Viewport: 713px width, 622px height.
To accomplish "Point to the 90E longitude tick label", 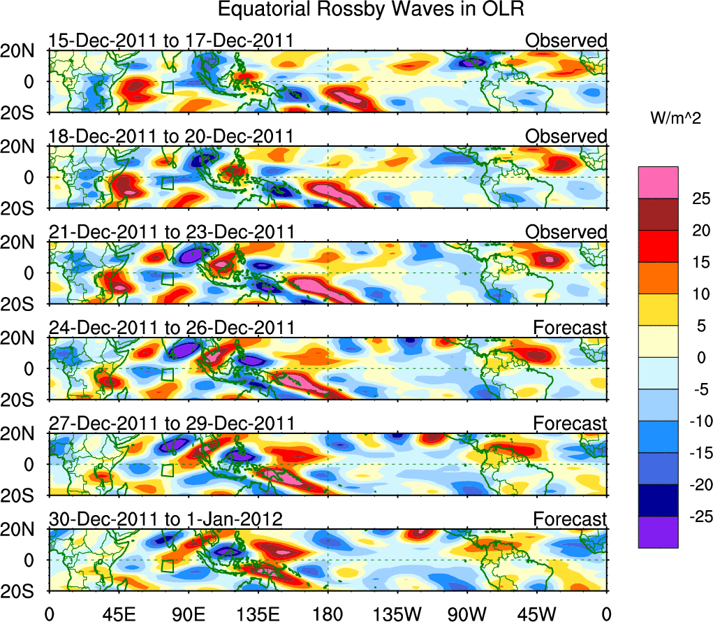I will tap(188, 613).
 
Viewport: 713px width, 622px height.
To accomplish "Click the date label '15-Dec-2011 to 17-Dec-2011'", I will tap(170, 41).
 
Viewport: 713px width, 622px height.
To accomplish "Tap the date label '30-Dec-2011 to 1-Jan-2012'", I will tap(165, 519).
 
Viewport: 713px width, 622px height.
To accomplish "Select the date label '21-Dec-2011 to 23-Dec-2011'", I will tap(172, 232).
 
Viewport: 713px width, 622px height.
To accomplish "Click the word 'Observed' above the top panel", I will tap(566, 41).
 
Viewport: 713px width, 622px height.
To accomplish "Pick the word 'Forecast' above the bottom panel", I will tap(570, 519).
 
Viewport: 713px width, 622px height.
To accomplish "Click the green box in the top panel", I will tap(167, 87).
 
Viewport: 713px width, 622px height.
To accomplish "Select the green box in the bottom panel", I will tap(167, 566).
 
